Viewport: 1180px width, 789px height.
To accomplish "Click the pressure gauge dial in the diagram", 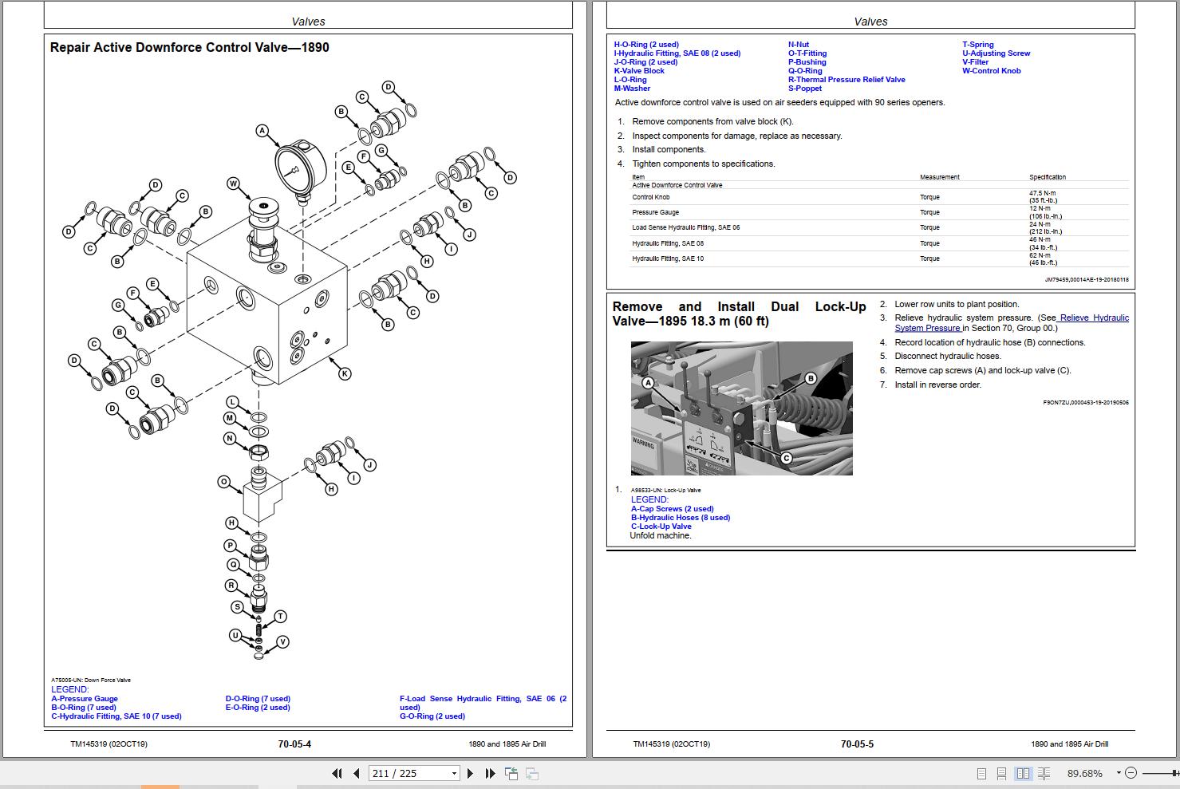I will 299,168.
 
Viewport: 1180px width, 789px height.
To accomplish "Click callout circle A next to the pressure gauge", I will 262,130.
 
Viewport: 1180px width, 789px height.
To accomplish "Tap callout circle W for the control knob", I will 234,183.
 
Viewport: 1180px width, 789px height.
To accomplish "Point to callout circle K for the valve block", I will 345,373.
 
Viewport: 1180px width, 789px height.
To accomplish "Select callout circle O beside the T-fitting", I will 224,482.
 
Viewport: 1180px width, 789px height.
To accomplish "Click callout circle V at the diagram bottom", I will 282,641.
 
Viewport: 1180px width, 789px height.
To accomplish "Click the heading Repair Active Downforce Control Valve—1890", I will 189,47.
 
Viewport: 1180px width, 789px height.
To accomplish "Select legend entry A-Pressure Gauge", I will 85,699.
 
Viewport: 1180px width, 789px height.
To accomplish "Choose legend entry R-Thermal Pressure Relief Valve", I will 847,80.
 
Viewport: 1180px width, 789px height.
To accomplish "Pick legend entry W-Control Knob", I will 991,71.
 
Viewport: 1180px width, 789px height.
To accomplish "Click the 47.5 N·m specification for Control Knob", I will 1042,193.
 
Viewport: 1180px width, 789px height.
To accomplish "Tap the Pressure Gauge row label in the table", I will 656,212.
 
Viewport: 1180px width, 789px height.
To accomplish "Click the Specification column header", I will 1047,177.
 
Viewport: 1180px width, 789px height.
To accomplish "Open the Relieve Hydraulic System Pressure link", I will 1012,323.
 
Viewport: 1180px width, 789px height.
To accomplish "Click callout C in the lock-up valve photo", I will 786,458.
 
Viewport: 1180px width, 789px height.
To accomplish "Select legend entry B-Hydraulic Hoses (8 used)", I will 680,518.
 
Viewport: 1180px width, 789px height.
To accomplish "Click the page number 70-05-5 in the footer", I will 857,744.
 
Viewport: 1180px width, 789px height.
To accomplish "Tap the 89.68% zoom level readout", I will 1084,773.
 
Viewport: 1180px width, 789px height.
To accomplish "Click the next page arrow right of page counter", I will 470,773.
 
